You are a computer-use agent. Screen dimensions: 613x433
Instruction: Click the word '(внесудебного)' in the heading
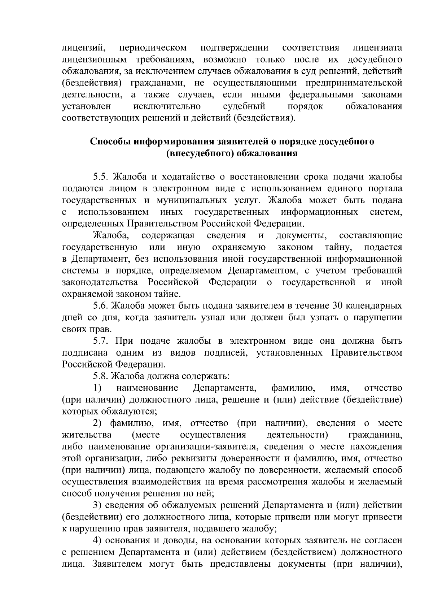pos(198,153)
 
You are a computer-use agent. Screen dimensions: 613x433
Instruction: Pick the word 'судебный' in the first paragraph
pos(244,106)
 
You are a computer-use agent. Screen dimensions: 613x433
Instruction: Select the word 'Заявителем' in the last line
pos(118,564)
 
